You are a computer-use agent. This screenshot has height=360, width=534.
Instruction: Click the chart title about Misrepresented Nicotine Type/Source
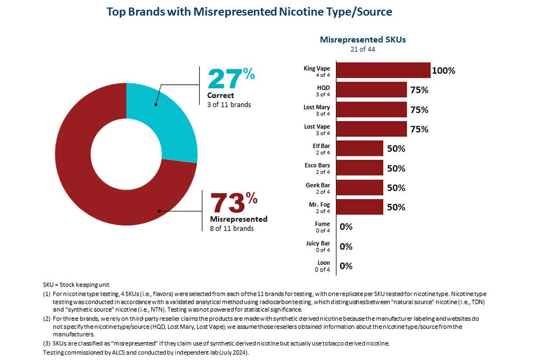pos(249,12)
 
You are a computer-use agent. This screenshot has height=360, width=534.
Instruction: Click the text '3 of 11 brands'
pos(229,105)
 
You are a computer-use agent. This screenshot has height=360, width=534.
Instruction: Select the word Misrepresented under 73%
pos(238,219)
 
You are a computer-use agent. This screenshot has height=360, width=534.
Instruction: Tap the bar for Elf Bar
pos(360,149)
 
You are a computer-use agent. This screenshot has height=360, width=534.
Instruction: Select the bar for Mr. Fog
pos(360,207)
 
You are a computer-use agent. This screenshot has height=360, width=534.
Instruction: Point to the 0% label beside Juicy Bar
pos(346,246)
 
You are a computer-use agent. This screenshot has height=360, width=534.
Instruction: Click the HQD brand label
pos(323,87)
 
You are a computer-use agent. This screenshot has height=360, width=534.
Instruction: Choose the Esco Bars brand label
pos(317,165)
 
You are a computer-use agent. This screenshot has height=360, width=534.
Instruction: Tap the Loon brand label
pos(323,263)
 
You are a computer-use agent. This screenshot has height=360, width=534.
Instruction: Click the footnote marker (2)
pos(47,319)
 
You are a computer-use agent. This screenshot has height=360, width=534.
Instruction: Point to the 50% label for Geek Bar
pos(396,188)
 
